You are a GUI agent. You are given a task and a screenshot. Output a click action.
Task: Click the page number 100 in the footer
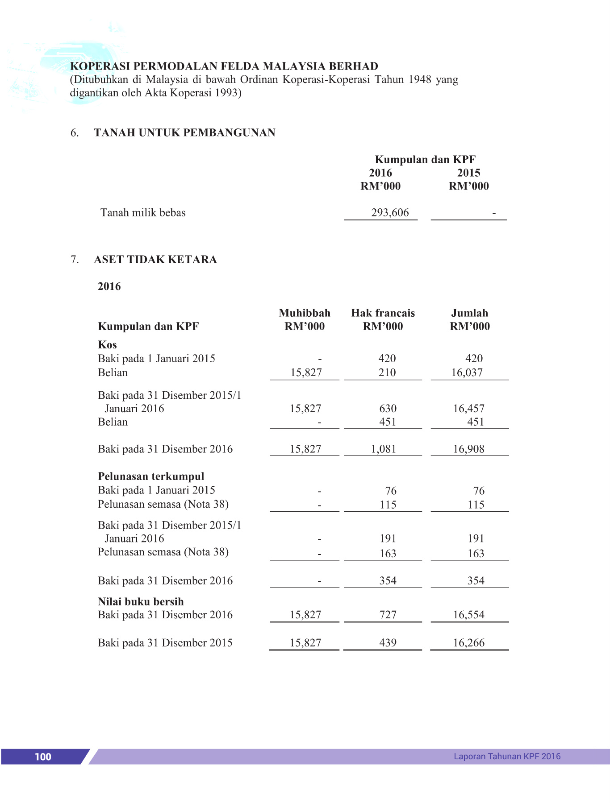click(43, 757)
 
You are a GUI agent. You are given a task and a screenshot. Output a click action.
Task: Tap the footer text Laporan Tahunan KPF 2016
click(507, 756)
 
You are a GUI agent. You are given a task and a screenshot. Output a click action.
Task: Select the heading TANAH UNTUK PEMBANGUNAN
click(184, 132)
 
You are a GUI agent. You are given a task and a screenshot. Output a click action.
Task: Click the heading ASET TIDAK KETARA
click(155, 260)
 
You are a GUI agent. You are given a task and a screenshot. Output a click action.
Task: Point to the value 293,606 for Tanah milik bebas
click(390, 213)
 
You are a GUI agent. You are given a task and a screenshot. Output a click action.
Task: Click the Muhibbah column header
click(305, 313)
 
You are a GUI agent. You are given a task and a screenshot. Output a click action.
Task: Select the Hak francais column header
click(383, 313)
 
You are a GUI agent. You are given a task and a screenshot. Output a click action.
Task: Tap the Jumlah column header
click(469, 313)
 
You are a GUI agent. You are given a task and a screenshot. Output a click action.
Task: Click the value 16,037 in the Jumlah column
click(467, 373)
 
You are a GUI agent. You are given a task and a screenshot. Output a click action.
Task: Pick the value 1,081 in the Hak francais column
click(383, 449)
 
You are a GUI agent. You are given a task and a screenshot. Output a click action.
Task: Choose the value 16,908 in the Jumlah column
click(468, 449)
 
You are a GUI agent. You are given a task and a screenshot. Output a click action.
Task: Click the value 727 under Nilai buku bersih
click(388, 615)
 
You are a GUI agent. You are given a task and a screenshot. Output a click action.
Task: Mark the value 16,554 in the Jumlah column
click(468, 615)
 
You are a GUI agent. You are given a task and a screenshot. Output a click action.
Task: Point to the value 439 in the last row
click(388, 643)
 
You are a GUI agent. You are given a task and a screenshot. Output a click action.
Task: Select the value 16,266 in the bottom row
click(468, 643)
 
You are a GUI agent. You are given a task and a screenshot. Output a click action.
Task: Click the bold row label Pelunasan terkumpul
click(151, 476)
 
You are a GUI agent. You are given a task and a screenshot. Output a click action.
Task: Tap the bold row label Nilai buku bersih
click(141, 602)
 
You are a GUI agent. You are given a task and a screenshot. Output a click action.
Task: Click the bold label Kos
click(107, 345)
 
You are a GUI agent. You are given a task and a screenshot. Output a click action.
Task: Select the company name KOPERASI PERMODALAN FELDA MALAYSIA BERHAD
click(224, 66)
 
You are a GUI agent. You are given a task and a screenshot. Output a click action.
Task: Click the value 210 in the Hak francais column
click(387, 373)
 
